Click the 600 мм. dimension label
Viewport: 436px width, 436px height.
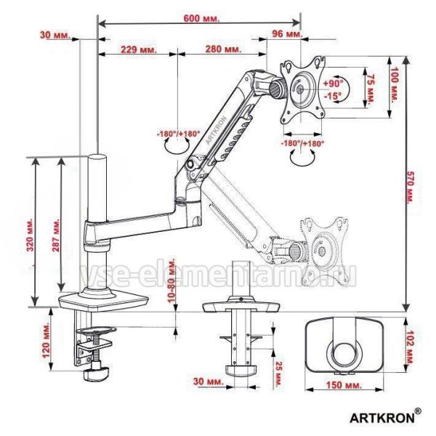click(201, 18)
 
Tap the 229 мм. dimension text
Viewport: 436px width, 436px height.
click(139, 49)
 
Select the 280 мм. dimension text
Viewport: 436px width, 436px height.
click(223, 49)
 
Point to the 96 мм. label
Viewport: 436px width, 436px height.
click(287, 34)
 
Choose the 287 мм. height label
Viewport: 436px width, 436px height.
click(56, 235)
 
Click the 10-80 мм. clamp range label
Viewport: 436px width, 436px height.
click(172, 280)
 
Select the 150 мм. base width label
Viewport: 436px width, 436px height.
click(344, 385)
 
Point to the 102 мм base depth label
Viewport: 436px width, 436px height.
click(410, 347)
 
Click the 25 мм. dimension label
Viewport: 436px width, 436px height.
click(278, 374)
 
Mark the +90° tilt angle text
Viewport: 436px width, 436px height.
click(333, 83)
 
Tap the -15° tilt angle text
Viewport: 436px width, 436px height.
click(333, 96)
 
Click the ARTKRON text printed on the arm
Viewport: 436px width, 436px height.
click(217, 130)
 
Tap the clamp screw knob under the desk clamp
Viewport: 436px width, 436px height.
click(96, 374)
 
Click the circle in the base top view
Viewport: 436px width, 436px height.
click(344, 355)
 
